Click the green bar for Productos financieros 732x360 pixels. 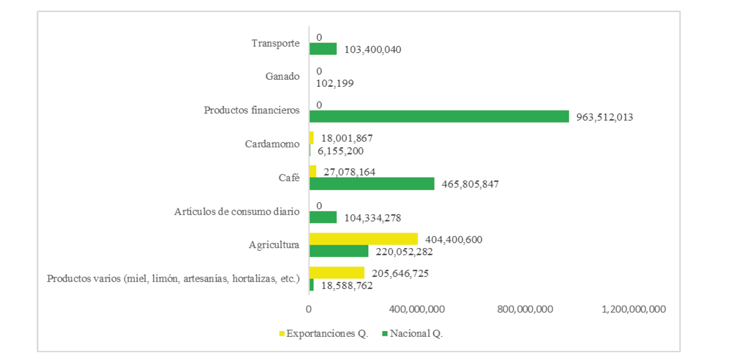tap(439, 116)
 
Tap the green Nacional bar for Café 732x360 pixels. tap(371, 184)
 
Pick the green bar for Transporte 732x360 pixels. tap(323, 49)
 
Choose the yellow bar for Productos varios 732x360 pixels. tap(337, 273)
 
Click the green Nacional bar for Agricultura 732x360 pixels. tap(338, 251)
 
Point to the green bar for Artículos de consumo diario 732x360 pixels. tap(323, 217)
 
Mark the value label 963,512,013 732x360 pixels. tap(605, 117)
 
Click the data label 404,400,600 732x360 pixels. tap(454, 239)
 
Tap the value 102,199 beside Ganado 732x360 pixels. tap(335, 83)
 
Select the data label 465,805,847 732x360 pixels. tap(470, 184)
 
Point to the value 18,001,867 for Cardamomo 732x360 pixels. tap(347, 138)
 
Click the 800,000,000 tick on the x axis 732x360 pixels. tap(525, 309)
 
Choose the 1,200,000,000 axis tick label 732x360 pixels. tap(634, 309)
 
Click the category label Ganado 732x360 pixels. tap(282, 76)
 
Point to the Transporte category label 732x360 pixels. tap(276, 43)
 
